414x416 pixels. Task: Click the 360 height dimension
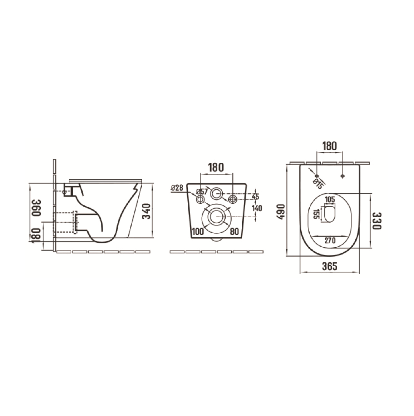tap(36, 208)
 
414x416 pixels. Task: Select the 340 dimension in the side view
tap(147, 211)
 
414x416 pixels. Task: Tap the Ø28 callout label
tap(177, 188)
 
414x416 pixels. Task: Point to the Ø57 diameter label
tap(202, 191)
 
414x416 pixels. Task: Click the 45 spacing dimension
tap(255, 197)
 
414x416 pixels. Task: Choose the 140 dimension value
tap(257, 209)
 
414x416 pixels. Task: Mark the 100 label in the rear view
tap(198, 232)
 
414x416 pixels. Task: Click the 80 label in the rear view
tap(234, 232)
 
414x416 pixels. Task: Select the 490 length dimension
tap(280, 211)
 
